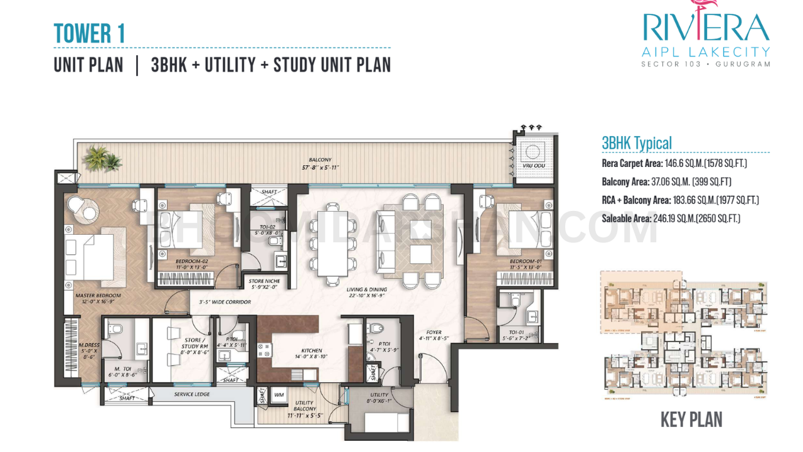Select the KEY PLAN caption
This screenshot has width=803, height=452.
tap(691, 419)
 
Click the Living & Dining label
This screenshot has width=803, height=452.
tap(367, 289)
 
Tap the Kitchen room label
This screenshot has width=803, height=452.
tap(311, 350)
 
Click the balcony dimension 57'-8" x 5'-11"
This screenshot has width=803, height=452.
tap(320, 168)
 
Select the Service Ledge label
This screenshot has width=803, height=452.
tap(192, 394)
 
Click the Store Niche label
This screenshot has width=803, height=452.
tap(264, 281)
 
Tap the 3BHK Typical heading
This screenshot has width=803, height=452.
tap(637, 143)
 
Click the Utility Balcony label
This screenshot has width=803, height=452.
tap(305, 407)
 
